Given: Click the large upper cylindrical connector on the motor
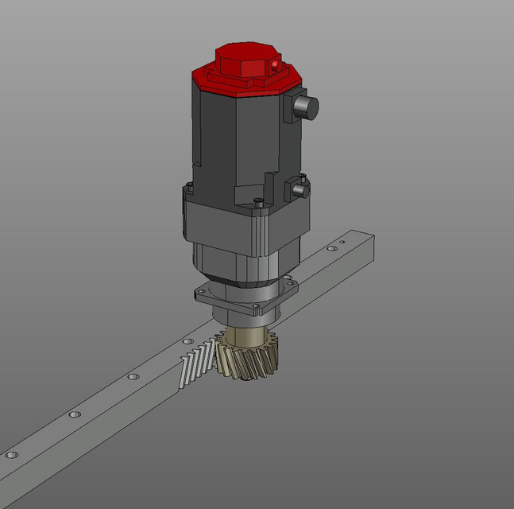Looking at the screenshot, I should coord(305,107).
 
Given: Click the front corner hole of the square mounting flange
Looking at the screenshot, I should coord(255,305).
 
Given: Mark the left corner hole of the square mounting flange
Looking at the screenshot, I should coord(201,293).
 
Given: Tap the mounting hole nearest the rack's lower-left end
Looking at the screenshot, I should coord(11,455).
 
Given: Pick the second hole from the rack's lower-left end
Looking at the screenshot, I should coord(75,414).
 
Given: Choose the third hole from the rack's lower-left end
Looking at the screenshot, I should coord(132,377).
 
